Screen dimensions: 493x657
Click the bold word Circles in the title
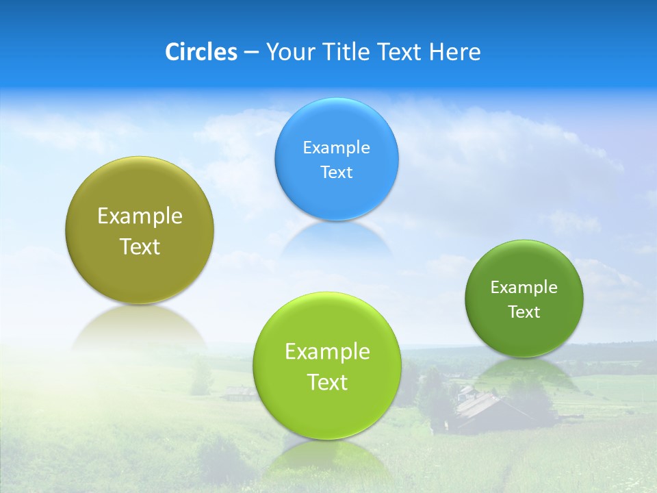point(201,52)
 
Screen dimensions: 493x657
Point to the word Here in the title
point(454,52)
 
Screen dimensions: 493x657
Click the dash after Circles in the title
point(250,53)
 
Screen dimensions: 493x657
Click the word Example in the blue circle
point(336,148)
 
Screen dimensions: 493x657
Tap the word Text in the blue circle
point(336,173)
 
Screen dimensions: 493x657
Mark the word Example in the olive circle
point(140,216)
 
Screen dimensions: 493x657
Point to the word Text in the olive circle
point(140,246)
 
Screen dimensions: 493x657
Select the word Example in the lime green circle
point(327,352)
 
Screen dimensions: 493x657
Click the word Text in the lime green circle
point(327,382)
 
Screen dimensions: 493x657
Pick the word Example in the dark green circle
point(524,288)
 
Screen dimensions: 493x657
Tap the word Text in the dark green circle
point(524,312)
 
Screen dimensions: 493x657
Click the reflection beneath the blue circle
point(336,240)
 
